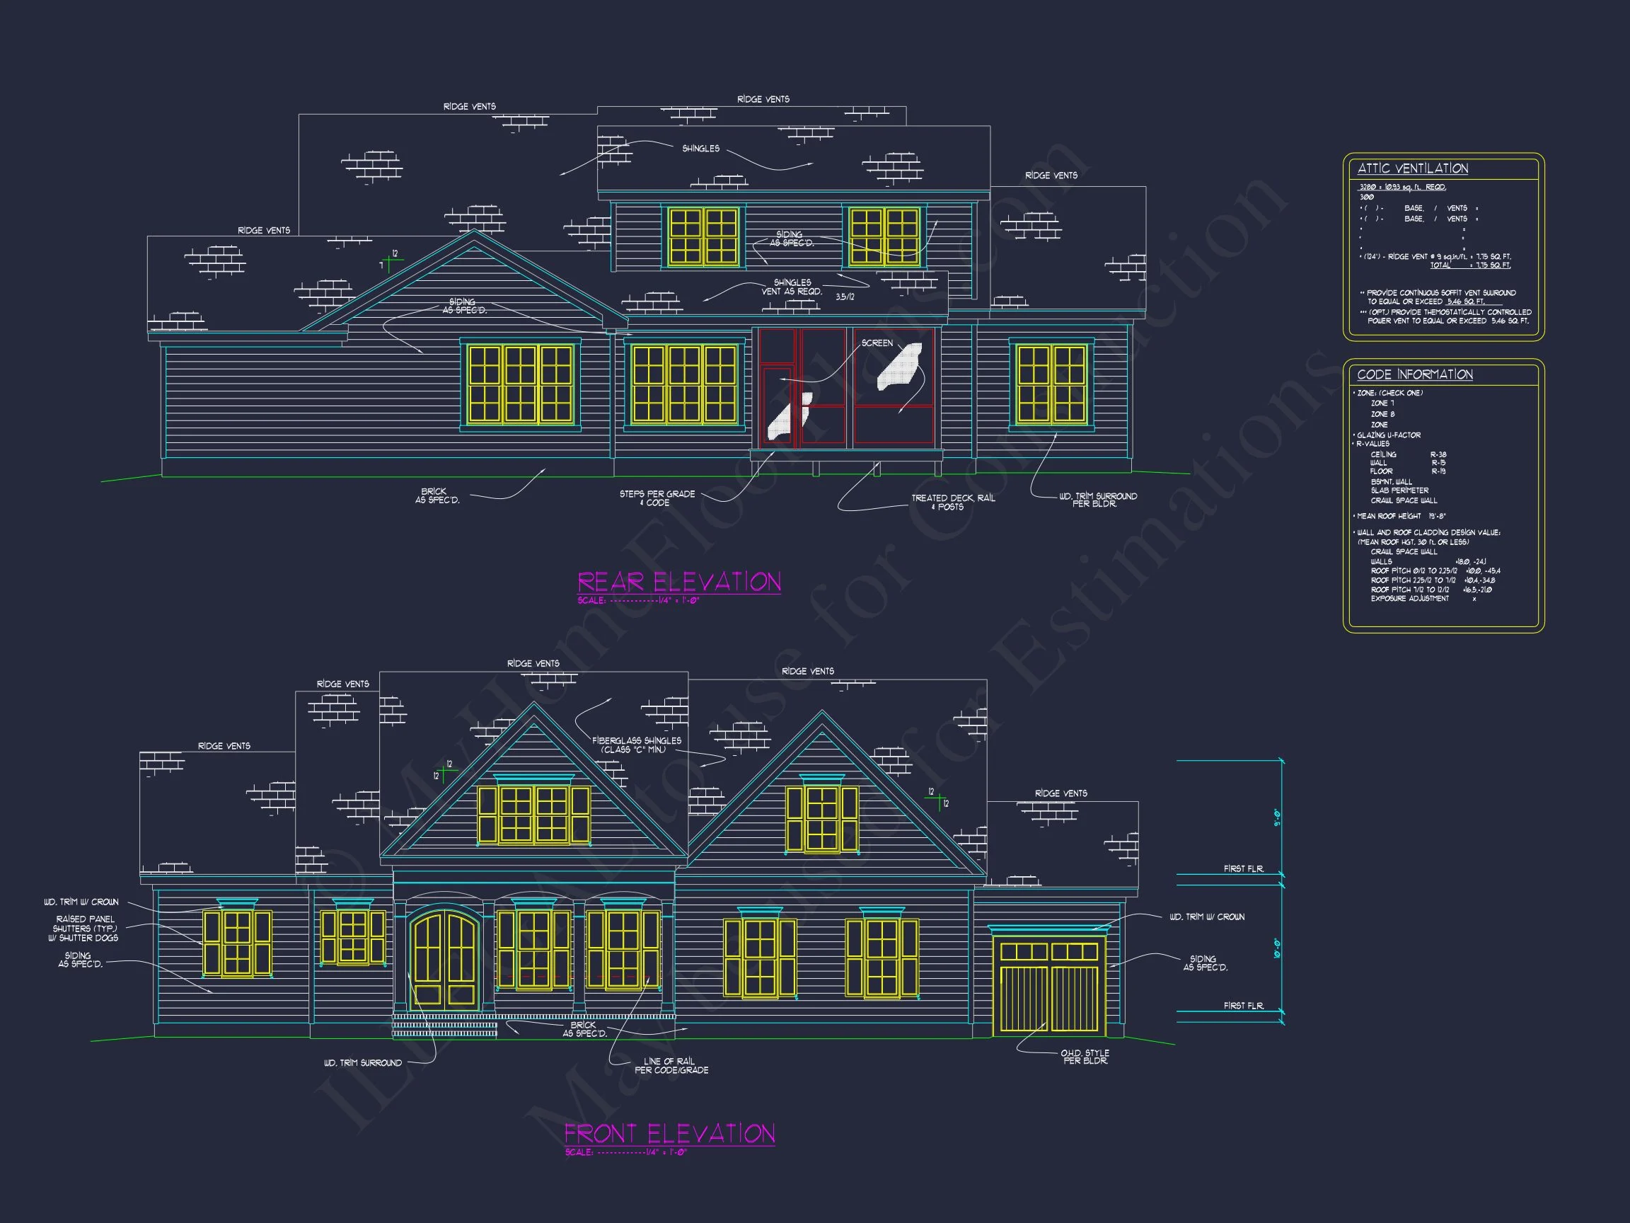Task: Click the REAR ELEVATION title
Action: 678,582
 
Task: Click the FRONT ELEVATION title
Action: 669,1134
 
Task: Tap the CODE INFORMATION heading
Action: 1415,374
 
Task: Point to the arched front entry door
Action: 445,960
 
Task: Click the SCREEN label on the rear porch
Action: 877,343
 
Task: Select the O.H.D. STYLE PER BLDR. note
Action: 1085,1057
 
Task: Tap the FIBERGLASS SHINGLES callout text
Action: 637,745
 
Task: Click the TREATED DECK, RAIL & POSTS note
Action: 953,502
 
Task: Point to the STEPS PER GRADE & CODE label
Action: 657,498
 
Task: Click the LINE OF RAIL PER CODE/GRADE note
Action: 671,1065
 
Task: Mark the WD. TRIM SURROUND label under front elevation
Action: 362,1063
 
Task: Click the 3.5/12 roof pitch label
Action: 845,297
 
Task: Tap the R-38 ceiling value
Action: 1438,455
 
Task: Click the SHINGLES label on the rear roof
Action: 700,149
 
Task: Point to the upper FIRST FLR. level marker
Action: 1243,869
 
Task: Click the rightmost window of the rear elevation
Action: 1051,384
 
